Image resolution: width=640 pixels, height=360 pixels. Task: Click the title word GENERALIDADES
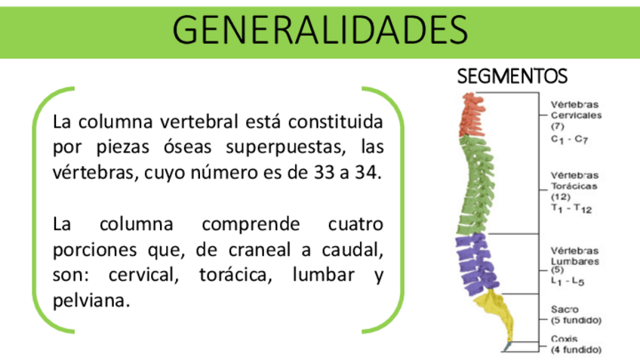[x=319, y=29]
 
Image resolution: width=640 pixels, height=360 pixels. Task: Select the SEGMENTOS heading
[x=512, y=77]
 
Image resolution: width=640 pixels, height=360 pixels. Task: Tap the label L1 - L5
[x=568, y=280]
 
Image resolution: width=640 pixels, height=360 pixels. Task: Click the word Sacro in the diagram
[x=565, y=309]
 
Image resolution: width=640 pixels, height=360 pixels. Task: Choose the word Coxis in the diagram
[x=565, y=339]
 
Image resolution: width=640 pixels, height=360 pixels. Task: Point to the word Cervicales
[x=576, y=115]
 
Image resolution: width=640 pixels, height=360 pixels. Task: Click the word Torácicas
[x=574, y=185]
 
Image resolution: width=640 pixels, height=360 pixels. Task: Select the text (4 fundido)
[x=576, y=349]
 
